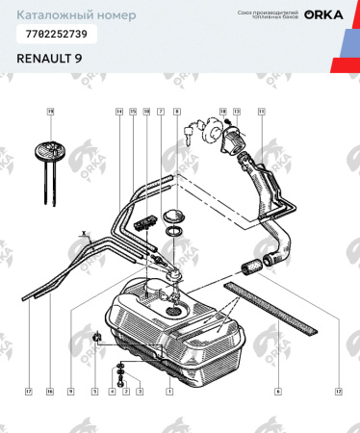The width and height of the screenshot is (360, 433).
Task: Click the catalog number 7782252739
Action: point(57,34)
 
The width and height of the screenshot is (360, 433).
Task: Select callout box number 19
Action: point(50,112)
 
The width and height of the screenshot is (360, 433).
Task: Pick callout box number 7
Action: point(161,112)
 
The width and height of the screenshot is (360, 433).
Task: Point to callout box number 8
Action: point(177,112)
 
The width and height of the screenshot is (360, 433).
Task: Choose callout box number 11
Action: point(261,112)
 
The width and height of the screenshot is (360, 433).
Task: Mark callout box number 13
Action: point(236,112)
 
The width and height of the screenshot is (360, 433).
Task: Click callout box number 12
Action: point(339,392)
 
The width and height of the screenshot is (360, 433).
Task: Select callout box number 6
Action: point(278,392)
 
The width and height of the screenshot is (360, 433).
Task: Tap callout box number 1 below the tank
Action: point(169,392)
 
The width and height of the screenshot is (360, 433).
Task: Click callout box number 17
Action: point(29,392)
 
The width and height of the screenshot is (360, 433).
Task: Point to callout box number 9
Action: point(70,392)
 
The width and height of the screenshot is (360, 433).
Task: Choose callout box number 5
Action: point(95,392)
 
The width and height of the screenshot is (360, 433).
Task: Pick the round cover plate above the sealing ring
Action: point(174,214)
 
